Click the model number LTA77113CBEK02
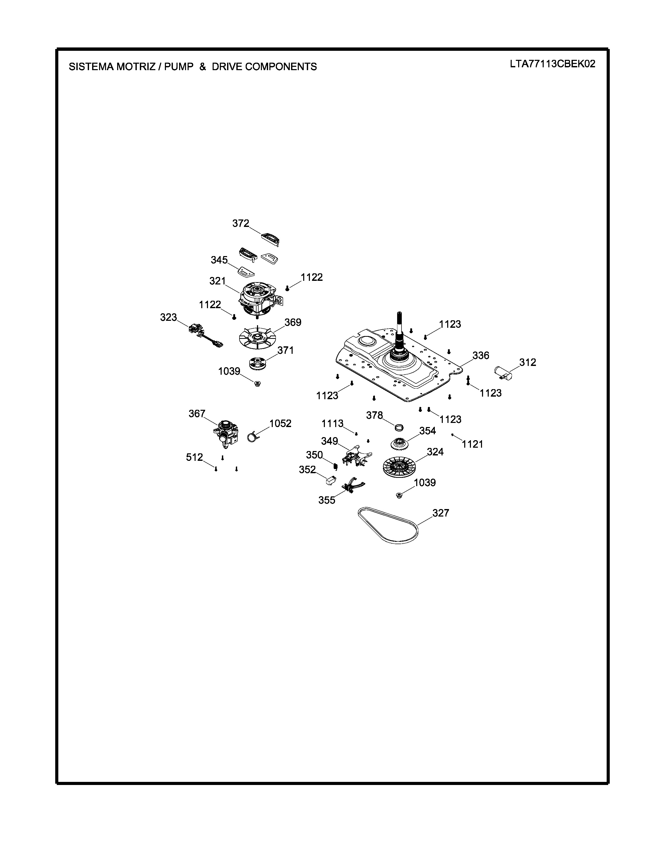552,64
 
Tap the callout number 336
481,355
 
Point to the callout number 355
327,500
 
